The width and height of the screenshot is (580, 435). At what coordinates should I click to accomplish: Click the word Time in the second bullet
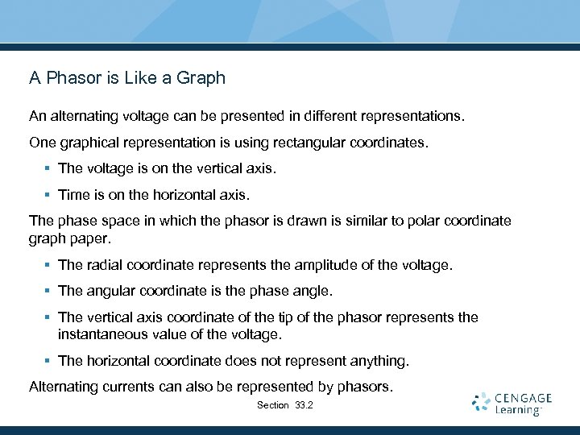click(72, 194)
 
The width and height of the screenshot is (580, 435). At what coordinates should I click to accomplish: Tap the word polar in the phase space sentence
click(398, 221)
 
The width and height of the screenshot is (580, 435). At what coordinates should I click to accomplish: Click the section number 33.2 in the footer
click(304, 405)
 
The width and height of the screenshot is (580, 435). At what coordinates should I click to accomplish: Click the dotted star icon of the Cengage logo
click(482, 403)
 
